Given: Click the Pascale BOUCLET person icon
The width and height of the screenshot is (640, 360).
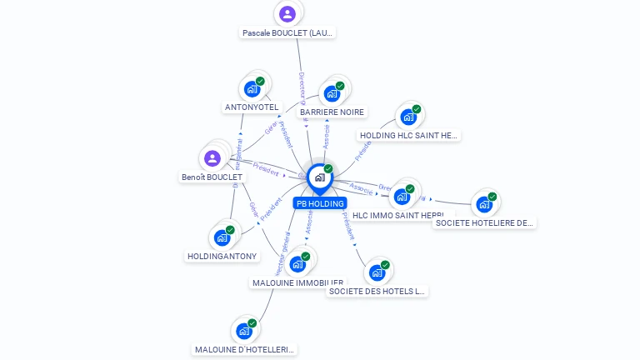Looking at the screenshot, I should point(287,13).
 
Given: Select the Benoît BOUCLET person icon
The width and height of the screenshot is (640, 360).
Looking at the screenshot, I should point(212,158).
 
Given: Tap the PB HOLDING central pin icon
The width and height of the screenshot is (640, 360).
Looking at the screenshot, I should point(319,177).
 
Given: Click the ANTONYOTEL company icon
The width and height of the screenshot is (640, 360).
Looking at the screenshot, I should point(252,89).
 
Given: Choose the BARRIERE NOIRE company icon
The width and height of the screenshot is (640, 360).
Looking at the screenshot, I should point(332,93).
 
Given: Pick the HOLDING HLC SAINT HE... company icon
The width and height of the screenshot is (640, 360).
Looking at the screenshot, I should point(407,117).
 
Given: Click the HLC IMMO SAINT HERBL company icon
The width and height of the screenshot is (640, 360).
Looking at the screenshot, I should point(402,197).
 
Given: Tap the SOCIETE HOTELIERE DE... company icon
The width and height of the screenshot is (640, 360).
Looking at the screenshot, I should point(483,204).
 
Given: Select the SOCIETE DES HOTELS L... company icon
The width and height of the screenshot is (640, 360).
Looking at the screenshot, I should point(377,272).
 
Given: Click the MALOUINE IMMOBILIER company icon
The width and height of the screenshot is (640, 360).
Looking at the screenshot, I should point(297,264).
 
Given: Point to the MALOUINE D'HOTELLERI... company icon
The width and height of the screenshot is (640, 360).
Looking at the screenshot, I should point(244,331).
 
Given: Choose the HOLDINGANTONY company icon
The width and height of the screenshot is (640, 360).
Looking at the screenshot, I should point(222,237).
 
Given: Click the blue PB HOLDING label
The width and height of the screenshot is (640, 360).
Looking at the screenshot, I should point(320,203).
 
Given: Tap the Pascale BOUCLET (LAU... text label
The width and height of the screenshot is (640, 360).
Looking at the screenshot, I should point(287,33).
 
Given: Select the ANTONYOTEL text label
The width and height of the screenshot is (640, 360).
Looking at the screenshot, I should point(252,107).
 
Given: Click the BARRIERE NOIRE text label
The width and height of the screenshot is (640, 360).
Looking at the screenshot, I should point(332,112).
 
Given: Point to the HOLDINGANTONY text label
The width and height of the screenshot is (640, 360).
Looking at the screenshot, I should point(222,257).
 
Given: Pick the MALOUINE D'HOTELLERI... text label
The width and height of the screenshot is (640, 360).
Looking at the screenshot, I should point(244,350).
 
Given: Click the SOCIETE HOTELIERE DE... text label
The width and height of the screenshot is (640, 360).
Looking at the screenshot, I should point(484,222).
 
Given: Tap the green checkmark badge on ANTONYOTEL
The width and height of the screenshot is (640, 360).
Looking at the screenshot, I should point(260,82).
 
